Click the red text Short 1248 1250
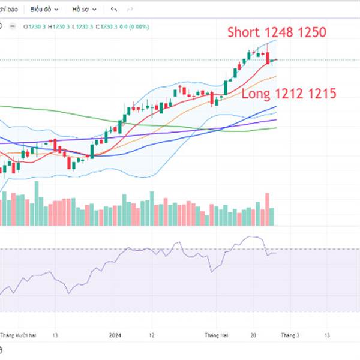click(x=277, y=32)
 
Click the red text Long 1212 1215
click(x=289, y=94)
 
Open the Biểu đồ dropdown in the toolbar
click(x=44, y=10)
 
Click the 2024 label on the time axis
click(x=116, y=336)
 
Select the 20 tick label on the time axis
click(x=254, y=336)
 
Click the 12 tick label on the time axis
click(x=152, y=336)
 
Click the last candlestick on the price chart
click(x=273, y=60)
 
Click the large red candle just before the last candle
click(x=268, y=58)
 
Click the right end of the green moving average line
click(x=275, y=127)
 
